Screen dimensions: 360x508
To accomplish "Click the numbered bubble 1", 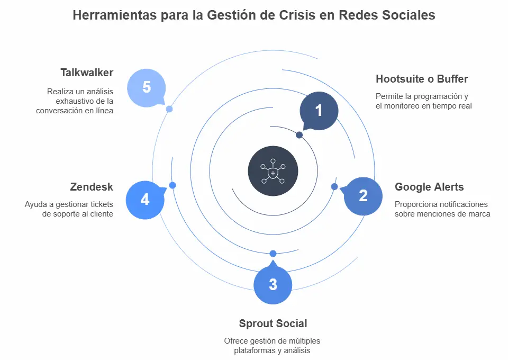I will [319, 111].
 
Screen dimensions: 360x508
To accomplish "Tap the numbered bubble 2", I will [363, 196].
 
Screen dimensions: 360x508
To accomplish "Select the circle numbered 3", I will [273, 285].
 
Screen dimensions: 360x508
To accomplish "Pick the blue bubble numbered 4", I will [145, 200].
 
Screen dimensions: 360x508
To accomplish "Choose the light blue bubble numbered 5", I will [147, 87].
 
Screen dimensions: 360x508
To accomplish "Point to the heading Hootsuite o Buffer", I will [422, 79].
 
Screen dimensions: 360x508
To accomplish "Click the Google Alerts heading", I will [429, 187].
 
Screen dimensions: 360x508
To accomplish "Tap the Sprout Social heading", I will [273, 323].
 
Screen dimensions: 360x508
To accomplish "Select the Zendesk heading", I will [92, 187].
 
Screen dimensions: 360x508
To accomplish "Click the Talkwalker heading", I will [87, 73].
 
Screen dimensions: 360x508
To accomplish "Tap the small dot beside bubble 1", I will [300, 135].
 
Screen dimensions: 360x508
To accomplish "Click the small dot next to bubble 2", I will [334, 186].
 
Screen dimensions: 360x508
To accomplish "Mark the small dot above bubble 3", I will [273, 254].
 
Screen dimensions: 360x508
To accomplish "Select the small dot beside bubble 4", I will [173, 185].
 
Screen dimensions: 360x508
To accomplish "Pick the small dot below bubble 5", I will [169, 109].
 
